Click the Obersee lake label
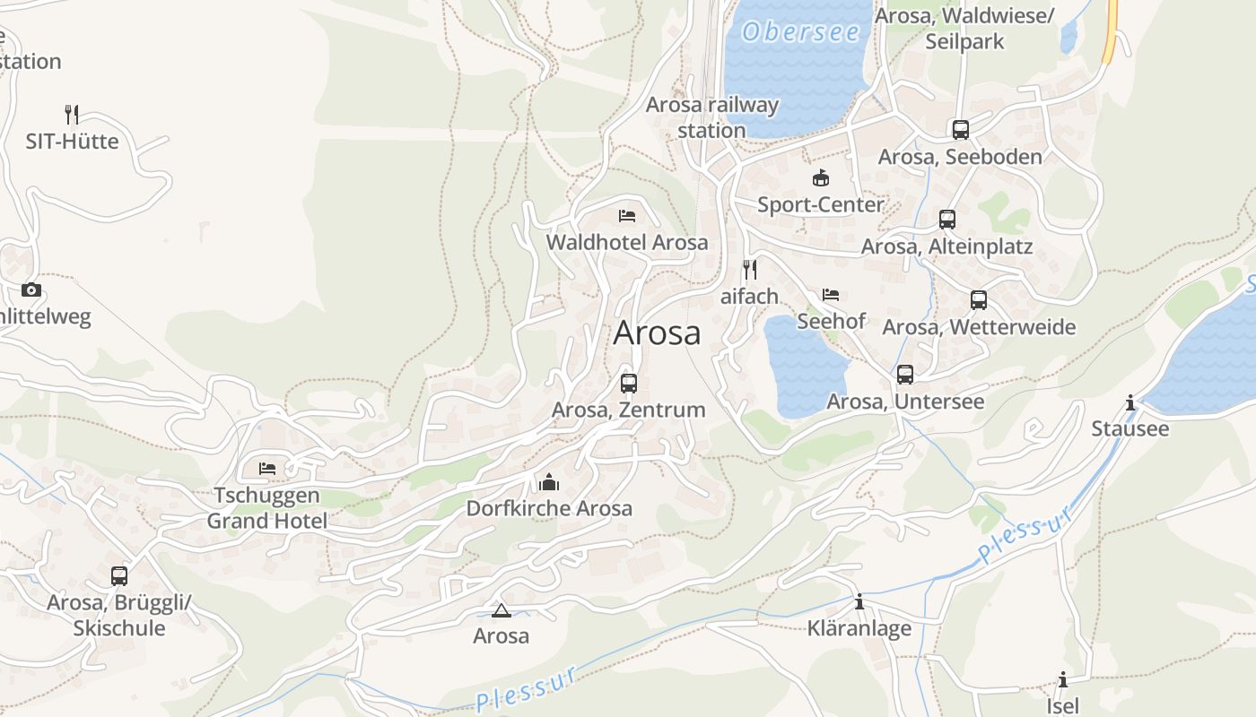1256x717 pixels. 800,32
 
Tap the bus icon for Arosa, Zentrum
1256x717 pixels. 629,384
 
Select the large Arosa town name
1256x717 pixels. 657,333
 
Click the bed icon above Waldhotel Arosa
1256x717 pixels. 627,216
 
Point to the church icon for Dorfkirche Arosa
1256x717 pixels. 549,483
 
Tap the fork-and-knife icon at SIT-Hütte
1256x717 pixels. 72,115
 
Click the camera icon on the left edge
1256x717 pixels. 31,289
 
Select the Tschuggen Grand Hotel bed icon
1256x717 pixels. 267,468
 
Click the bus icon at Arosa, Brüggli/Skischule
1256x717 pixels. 119,576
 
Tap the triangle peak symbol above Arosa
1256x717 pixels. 501,611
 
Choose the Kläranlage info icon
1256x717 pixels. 859,602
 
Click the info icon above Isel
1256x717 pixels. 1063,679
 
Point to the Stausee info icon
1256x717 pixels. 1130,403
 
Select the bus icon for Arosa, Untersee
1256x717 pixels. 905,375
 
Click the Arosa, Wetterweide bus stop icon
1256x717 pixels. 979,300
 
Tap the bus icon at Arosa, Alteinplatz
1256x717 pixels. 947,220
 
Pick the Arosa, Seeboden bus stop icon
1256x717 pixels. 961,130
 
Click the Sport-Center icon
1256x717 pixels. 820,178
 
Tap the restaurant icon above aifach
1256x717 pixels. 750,269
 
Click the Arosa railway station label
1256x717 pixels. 712,117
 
